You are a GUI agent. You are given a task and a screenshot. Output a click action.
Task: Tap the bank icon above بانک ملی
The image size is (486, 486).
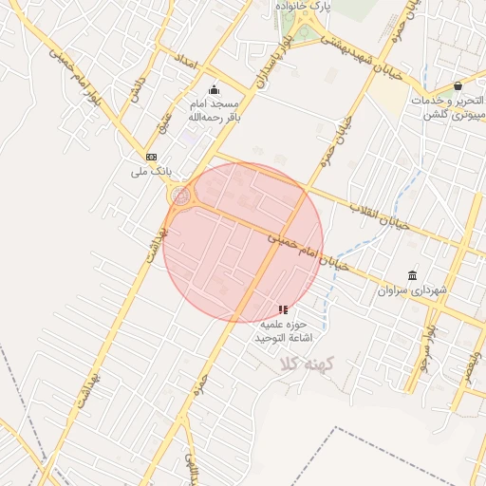151,156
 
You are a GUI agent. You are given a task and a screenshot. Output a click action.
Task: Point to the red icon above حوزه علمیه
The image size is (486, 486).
282,309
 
